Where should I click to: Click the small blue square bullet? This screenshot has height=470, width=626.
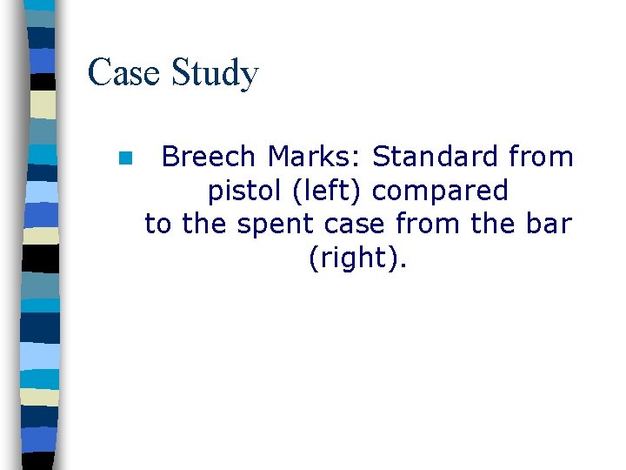coord(125,158)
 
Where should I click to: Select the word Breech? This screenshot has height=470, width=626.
coord(209,157)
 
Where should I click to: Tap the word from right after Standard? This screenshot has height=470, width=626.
coord(541,157)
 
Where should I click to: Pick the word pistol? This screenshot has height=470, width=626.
coord(238,191)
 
